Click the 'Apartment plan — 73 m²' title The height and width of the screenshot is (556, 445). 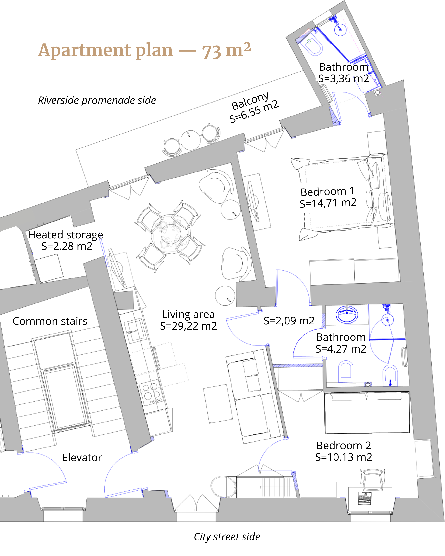[144, 50]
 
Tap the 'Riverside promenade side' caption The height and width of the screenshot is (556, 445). [97, 100]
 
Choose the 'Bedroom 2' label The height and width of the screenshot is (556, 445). [344, 445]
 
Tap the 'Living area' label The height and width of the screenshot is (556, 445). [188, 314]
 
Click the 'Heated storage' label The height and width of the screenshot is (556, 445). [66, 235]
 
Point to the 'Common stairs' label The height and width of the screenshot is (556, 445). [50, 321]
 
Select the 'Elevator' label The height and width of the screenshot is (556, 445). [82, 458]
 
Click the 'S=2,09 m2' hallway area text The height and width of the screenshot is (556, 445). [289, 321]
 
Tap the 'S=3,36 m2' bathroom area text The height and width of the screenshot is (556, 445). [344, 79]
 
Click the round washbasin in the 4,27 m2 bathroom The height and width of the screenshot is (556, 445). [347, 314]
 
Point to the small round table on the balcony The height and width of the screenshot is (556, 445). [190, 140]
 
